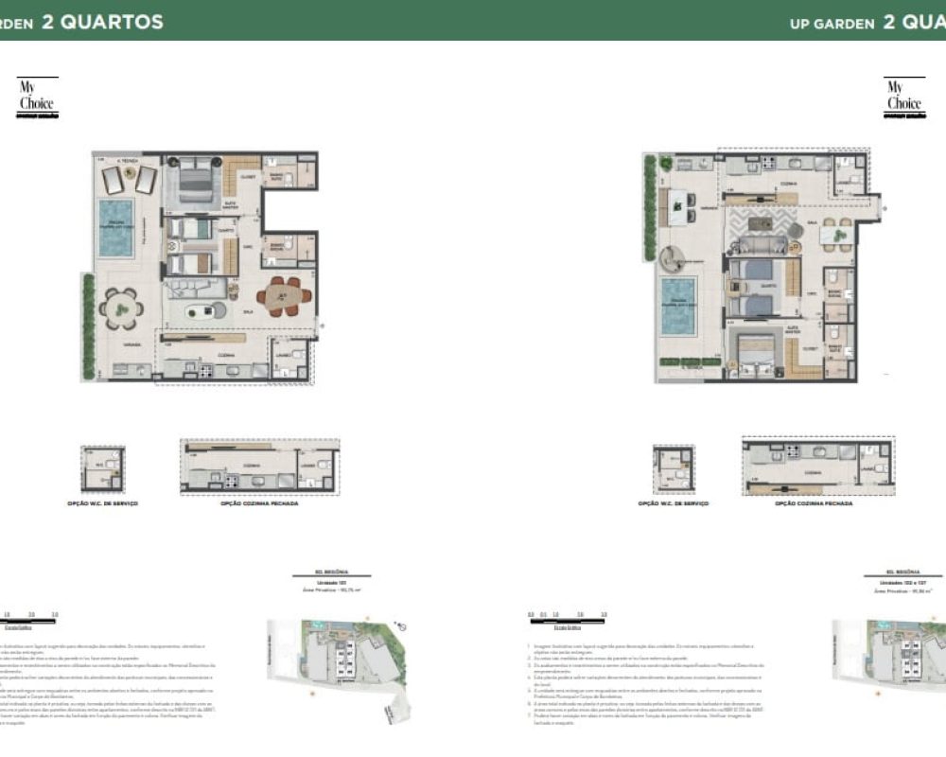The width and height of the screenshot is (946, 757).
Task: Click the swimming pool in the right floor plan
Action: [x=677, y=306]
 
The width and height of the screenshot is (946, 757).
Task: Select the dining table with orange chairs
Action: [x=282, y=294]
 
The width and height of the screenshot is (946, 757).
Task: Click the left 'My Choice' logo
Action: [x=37, y=97]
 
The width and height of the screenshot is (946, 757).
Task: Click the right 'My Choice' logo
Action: [x=903, y=97]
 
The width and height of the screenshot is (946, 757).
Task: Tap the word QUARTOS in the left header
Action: [x=102, y=22]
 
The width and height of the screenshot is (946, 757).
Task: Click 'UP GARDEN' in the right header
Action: [x=832, y=24]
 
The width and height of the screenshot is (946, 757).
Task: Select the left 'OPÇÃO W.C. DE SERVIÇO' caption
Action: [x=102, y=504]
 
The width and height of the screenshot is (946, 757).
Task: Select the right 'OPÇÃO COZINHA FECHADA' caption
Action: [x=814, y=504]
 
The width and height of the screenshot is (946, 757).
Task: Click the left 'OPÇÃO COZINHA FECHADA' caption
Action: [x=259, y=504]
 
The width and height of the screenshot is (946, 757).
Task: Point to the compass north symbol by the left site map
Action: [x=402, y=625]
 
